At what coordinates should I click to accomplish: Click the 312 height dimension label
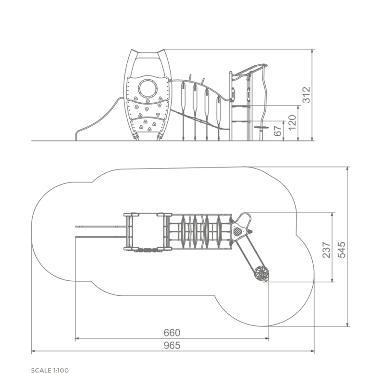(x=307, y=95)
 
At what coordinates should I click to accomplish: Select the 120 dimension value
(x=292, y=122)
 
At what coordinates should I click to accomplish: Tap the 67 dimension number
(x=278, y=131)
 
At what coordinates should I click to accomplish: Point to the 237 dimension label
(x=326, y=250)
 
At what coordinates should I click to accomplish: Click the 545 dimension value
(x=342, y=250)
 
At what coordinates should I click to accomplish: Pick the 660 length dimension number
(x=172, y=333)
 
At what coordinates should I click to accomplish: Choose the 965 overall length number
(x=172, y=346)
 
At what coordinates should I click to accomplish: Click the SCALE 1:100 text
(x=50, y=370)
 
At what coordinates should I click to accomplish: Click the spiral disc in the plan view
(x=261, y=274)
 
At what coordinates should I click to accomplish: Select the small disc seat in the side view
(x=261, y=128)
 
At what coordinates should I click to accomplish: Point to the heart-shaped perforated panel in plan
(x=237, y=231)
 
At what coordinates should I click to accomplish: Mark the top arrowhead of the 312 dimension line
(x=312, y=51)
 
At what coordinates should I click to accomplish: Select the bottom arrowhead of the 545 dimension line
(x=348, y=325)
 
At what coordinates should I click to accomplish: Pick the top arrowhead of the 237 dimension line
(x=332, y=215)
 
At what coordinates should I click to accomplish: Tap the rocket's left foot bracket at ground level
(x=135, y=136)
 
